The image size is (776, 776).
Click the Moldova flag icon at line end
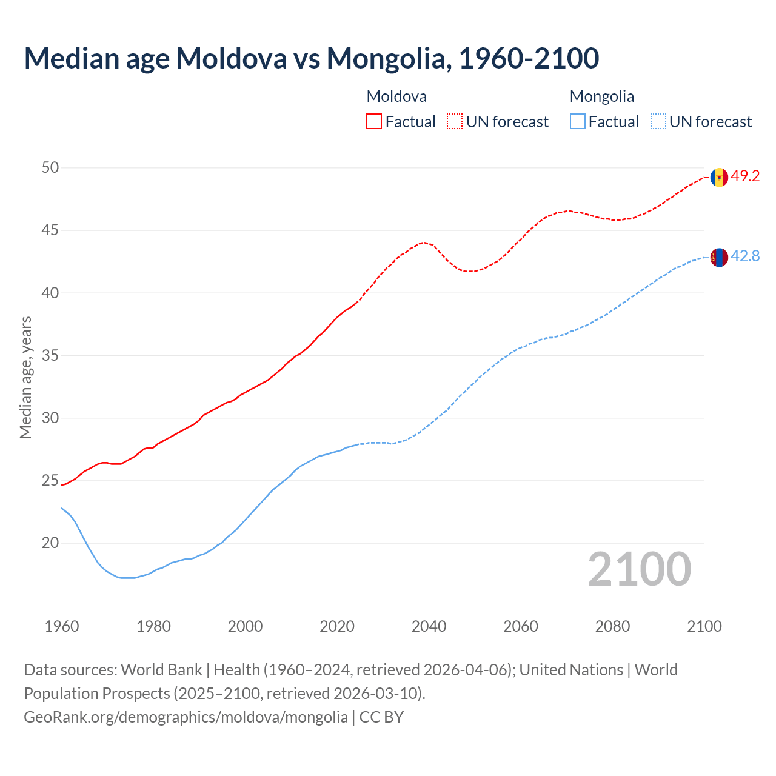click(x=719, y=177)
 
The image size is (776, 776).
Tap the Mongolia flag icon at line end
click(x=719, y=258)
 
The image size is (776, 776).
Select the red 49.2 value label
click(x=745, y=176)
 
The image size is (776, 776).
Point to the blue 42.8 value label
click(x=745, y=256)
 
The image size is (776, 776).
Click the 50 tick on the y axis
click(x=50, y=167)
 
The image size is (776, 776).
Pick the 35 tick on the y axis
click(x=50, y=355)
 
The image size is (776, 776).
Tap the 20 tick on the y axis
click(x=50, y=543)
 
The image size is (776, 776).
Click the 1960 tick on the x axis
click(x=62, y=626)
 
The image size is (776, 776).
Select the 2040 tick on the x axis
click(x=429, y=626)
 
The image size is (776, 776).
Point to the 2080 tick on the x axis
click(x=612, y=626)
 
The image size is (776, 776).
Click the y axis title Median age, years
click(x=25, y=377)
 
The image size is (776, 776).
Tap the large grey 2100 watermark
click(x=639, y=569)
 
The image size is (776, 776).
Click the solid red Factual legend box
click(x=374, y=121)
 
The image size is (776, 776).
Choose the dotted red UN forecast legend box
click(x=455, y=121)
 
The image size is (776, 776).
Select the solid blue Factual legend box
click(x=578, y=121)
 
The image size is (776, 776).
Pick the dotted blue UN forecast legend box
click(x=658, y=121)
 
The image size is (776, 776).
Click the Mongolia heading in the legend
click(x=601, y=96)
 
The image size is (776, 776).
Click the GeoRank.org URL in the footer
click(x=186, y=717)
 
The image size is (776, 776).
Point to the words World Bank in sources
click(x=161, y=670)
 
